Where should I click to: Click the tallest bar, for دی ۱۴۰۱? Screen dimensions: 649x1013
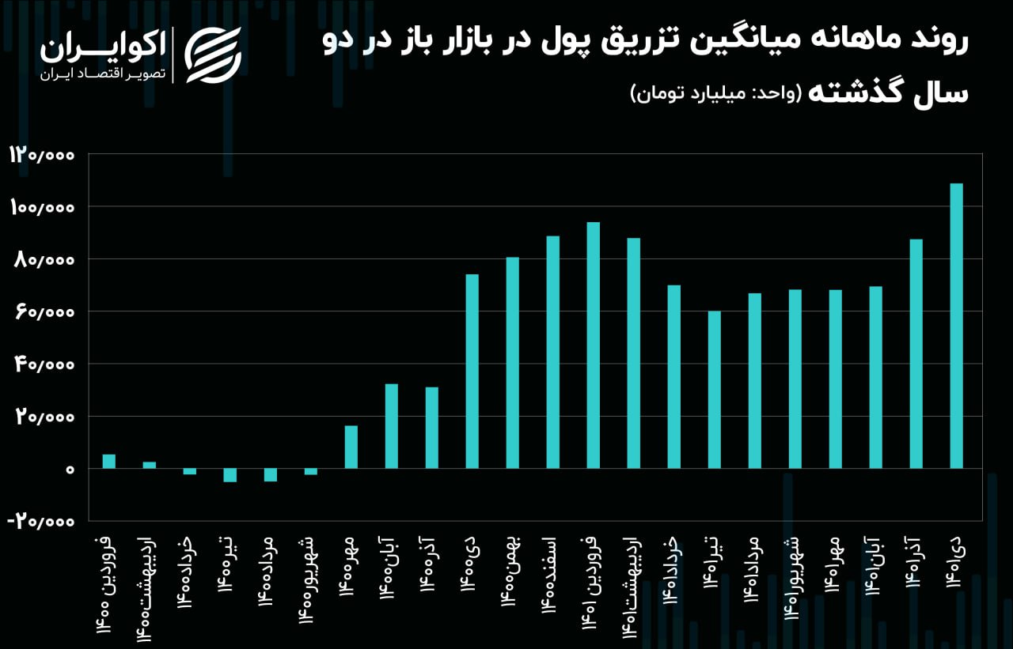[956, 326]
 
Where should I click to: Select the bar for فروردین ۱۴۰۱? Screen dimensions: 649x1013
[593, 345]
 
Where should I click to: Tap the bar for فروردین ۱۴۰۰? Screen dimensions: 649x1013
[109, 462]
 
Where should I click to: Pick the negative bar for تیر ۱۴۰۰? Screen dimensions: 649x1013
[230, 475]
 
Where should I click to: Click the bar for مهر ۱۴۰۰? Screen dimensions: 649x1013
[351, 447]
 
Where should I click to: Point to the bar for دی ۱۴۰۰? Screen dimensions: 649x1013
[472, 372]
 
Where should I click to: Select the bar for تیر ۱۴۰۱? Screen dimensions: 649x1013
[714, 390]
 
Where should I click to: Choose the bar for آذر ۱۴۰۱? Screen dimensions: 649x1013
[916, 353]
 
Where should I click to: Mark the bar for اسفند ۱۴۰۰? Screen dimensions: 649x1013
[552, 353]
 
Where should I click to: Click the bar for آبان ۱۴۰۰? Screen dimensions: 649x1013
[391, 426]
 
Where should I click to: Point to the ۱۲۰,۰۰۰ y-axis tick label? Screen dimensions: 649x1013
[42, 155]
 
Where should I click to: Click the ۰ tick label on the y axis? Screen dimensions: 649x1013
[70, 470]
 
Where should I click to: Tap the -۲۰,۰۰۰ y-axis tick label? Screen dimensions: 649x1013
[41, 522]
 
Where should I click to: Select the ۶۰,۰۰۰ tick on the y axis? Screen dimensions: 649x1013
[44, 312]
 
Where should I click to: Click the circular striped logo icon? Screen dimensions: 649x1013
[213, 55]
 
